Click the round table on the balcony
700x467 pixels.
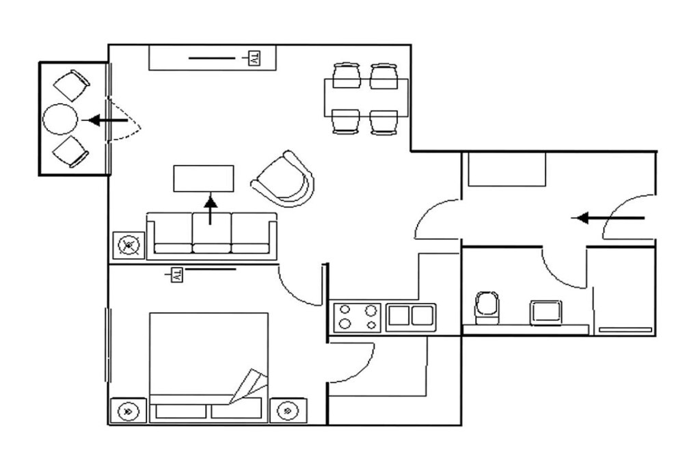[x=60, y=119]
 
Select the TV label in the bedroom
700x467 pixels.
[x=177, y=275]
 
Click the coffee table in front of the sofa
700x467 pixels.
[x=204, y=178]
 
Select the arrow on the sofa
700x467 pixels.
[x=211, y=209]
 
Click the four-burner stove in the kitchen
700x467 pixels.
[x=357, y=317]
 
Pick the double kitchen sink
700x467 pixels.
[x=411, y=317]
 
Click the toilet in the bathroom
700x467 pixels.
[x=487, y=308]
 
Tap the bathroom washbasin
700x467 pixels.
[x=546, y=312]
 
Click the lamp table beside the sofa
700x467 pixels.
[x=129, y=245]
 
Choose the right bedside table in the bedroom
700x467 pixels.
[x=288, y=410]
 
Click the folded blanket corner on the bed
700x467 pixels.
[x=250, y=386]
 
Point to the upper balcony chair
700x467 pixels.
[x=72, y=85]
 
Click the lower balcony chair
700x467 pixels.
[x=70, y=152]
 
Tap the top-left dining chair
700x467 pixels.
[x=347, y=75]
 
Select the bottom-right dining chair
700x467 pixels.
[x=384, y=122]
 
